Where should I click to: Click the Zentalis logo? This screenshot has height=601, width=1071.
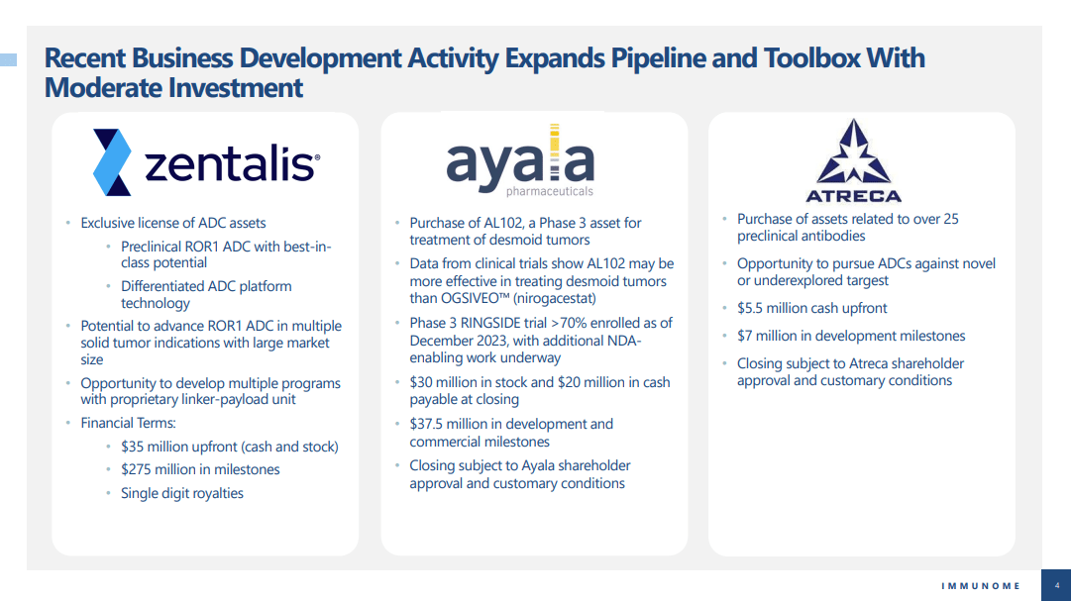[x=206, y=161]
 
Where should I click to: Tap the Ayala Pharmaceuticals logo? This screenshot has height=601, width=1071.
[x=520, y=160]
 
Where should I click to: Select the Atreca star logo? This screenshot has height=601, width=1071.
[x=854, y=161]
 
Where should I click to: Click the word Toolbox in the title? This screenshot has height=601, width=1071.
[x=812, y=58]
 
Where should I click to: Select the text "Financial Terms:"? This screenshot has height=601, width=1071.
[x=129, y=423]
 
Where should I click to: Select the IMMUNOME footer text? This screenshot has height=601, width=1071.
[x=981, y=586]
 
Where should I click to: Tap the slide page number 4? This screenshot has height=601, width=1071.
[x=1057, y=586]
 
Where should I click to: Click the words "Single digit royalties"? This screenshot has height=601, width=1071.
[x=182, y=493]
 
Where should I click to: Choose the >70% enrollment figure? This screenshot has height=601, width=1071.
[x=569, y=323]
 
